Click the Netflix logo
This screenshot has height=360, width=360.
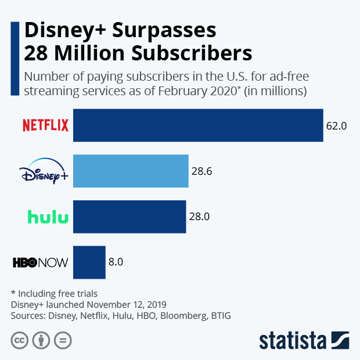tap(45, 125)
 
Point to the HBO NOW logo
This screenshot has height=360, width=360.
tap(40, 262)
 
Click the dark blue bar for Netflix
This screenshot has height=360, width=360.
tap(197, 125)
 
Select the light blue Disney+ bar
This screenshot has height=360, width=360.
tap(131, 171)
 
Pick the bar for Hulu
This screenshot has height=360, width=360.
tap(129, 217)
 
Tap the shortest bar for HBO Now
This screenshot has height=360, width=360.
tap(89, 262)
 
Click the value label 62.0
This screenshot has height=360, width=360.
tap(336, 125)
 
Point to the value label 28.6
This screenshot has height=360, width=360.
tap(201, 171)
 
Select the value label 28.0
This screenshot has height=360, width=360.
tap(199, 217)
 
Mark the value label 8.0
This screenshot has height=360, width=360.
tap(116, 262)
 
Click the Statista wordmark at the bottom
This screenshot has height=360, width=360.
tap(294, 340)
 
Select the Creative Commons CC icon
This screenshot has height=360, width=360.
tap(20, 340)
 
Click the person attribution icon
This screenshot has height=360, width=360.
tap(41, 340)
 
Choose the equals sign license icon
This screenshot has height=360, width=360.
tap(63, 340)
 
